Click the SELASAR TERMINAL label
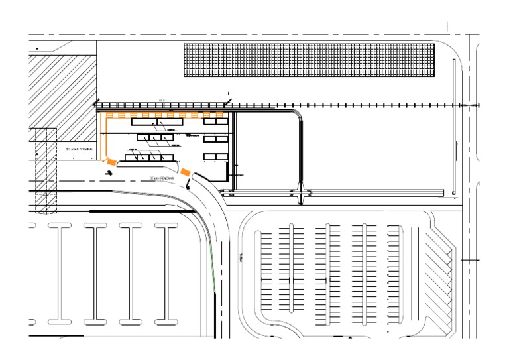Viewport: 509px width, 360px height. pos(78,150)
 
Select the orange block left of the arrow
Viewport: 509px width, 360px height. pos(111,161)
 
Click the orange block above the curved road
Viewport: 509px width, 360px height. pos(186,173)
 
